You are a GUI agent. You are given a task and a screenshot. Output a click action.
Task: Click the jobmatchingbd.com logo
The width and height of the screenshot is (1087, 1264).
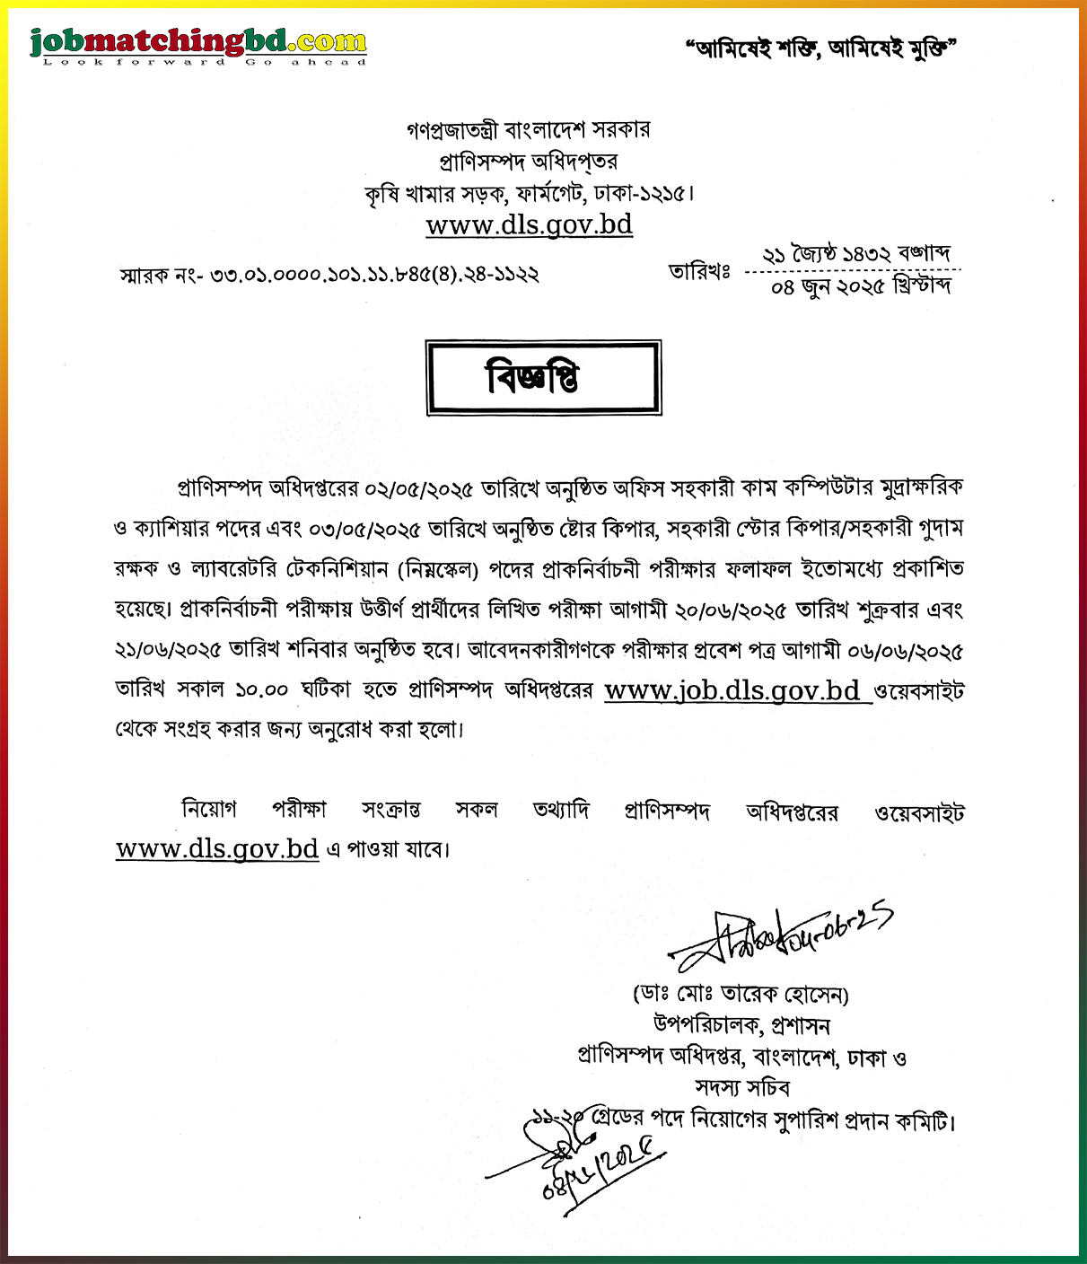click(198, 45)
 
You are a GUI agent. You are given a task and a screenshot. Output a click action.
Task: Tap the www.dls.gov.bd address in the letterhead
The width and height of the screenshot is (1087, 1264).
click(529, 224)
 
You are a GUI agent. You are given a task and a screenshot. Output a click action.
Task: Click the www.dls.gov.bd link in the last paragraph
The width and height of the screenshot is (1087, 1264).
click(217, 848)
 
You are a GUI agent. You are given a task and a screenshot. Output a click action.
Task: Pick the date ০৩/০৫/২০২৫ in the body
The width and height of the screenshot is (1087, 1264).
click(364, 530)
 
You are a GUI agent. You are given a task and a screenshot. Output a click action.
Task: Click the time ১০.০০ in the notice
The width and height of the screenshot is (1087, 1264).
click(261, 690)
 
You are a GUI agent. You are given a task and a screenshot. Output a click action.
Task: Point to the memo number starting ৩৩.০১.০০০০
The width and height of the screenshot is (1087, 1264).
click(373, 275)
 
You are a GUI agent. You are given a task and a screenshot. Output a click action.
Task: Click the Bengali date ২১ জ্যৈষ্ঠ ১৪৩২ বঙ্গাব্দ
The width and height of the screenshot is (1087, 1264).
click(855, 254)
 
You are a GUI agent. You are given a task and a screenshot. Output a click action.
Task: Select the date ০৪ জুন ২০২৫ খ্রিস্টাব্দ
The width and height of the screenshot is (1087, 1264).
click(861, 287)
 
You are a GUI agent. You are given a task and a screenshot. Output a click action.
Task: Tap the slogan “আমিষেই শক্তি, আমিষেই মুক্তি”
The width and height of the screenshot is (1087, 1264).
click(820, 48)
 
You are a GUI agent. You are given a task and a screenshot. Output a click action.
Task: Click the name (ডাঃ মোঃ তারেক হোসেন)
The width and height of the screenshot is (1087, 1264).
click(741, 995)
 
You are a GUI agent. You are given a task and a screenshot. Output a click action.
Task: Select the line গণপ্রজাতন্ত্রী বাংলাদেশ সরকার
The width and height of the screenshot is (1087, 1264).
click(529, 130)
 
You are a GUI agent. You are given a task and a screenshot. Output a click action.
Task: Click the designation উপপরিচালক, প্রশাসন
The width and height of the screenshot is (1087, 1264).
click(741, 1025)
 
